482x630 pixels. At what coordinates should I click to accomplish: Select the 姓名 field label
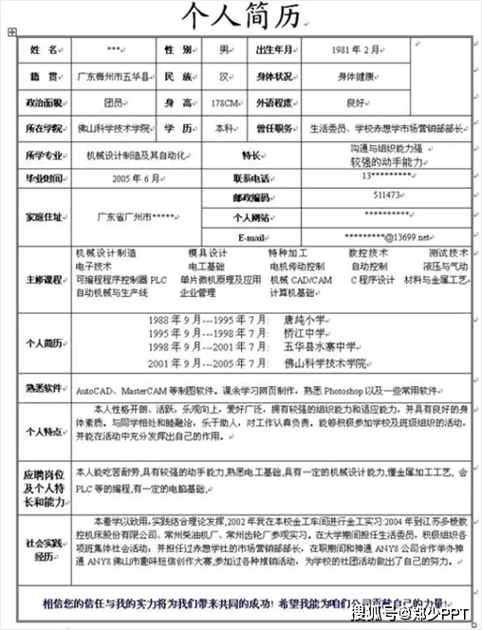[44, 48]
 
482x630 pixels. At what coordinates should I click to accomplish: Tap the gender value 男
[225, 48]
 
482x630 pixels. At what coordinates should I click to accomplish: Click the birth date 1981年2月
[360, 48]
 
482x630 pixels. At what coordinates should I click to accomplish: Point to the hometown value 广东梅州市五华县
[112, 75]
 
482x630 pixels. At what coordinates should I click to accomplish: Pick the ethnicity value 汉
[225, 75]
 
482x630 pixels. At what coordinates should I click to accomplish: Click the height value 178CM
[225, 102]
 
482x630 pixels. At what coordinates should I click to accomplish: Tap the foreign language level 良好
[357, 102]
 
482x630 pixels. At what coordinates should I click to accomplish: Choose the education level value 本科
[225, 127]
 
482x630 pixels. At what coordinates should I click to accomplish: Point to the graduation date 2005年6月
[137, 177]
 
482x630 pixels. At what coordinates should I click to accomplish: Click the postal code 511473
[386, 195]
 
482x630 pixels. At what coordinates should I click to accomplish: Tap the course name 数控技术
[368, 253]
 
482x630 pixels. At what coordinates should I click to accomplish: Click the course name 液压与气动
[448, 267]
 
